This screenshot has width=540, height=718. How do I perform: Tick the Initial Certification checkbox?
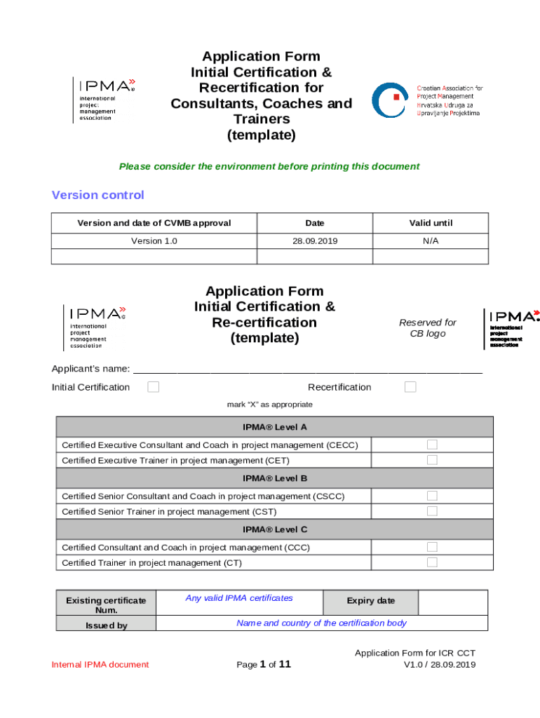pyautogui.click(x=153, y=387)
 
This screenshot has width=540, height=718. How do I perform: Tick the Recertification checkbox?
pyautogui.click(x=410, y=387)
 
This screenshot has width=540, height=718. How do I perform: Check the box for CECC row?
pyautogui.click(x=432, y=445)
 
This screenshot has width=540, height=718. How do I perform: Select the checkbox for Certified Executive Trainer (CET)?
pyautogui.click(x=432, y=460)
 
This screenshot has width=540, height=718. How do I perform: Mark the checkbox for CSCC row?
pyautogui.click(x=432, y=496)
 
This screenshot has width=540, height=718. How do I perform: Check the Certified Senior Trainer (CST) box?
pyautogui.click(x=432, y=511)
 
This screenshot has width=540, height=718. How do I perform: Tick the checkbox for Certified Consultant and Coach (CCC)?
pyautogui.click(x=432, y=547)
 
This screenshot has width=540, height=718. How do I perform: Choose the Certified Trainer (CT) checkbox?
pyautogui.click(x=432, y=562)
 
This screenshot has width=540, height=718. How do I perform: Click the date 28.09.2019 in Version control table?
pyautogui.click(x=315, y=241)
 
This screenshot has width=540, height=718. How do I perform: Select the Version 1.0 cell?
pyautogui.click(x=154, y=241)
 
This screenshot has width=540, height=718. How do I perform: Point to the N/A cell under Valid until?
pyautogui.click(x=431, y=241)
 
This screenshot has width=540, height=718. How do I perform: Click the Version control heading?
pyautogui.click(x=98, y=195)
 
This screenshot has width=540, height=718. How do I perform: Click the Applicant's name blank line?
pyautogui.click(x=307, y=370)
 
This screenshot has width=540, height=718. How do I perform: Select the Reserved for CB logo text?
pyautogui.click(x=427, y=328)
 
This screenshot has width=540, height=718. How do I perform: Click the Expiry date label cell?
pyautogui.click(x=370, y=601)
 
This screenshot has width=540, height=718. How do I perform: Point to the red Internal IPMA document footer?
pyautogui.click(x=100, y=665)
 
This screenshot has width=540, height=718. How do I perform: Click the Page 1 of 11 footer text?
pyautogui.click(x=264, y=665)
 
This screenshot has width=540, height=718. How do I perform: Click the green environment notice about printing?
pyautogui.click(x=269, y=166)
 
